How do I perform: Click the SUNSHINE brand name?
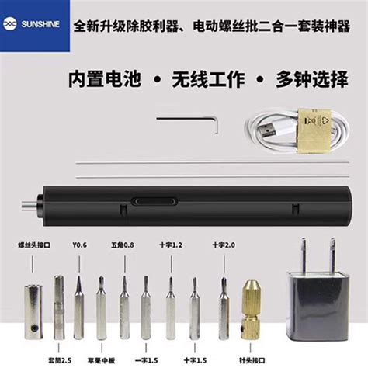tap(46, 25)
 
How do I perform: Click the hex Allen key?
tap(189, 119)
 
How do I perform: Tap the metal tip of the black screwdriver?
tap(24, 207)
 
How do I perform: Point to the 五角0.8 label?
tap(123, 246)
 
